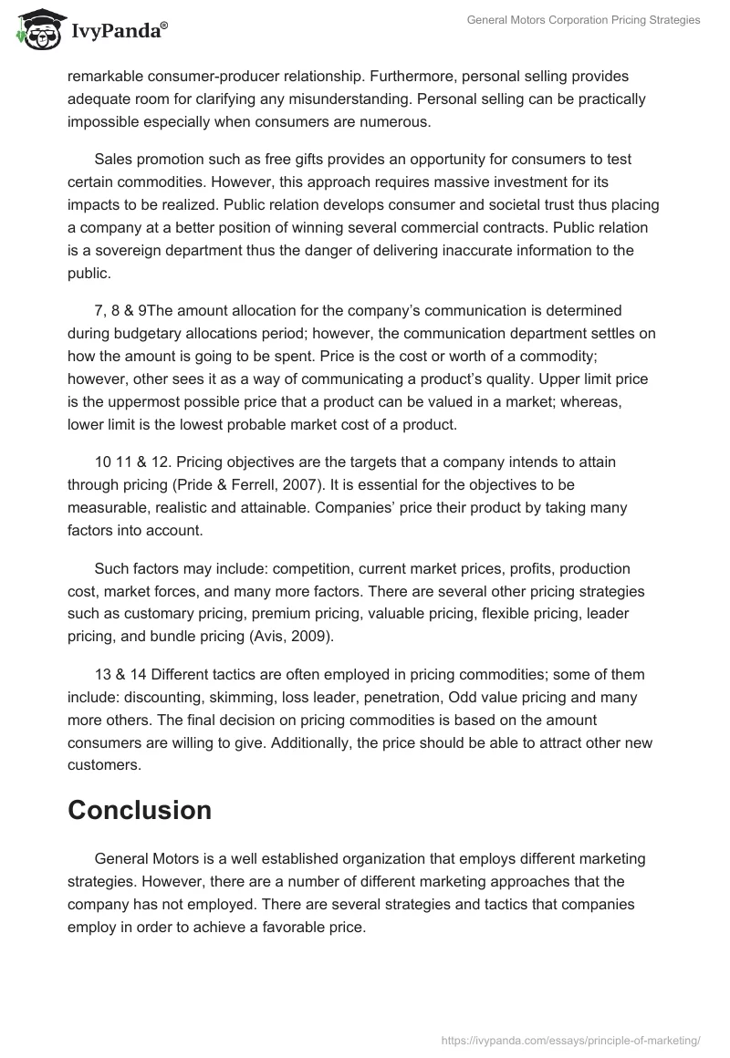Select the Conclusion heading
[x=140, y=810]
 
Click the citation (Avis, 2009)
[x=291, y=637]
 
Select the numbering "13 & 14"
[x=120, y=675]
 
